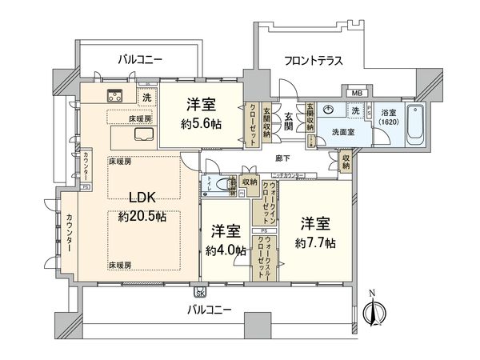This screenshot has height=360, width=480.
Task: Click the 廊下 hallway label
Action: [282, 160]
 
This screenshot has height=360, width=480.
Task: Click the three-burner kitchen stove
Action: [115, 97]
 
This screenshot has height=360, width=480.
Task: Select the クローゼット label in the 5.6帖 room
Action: [253, 124]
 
